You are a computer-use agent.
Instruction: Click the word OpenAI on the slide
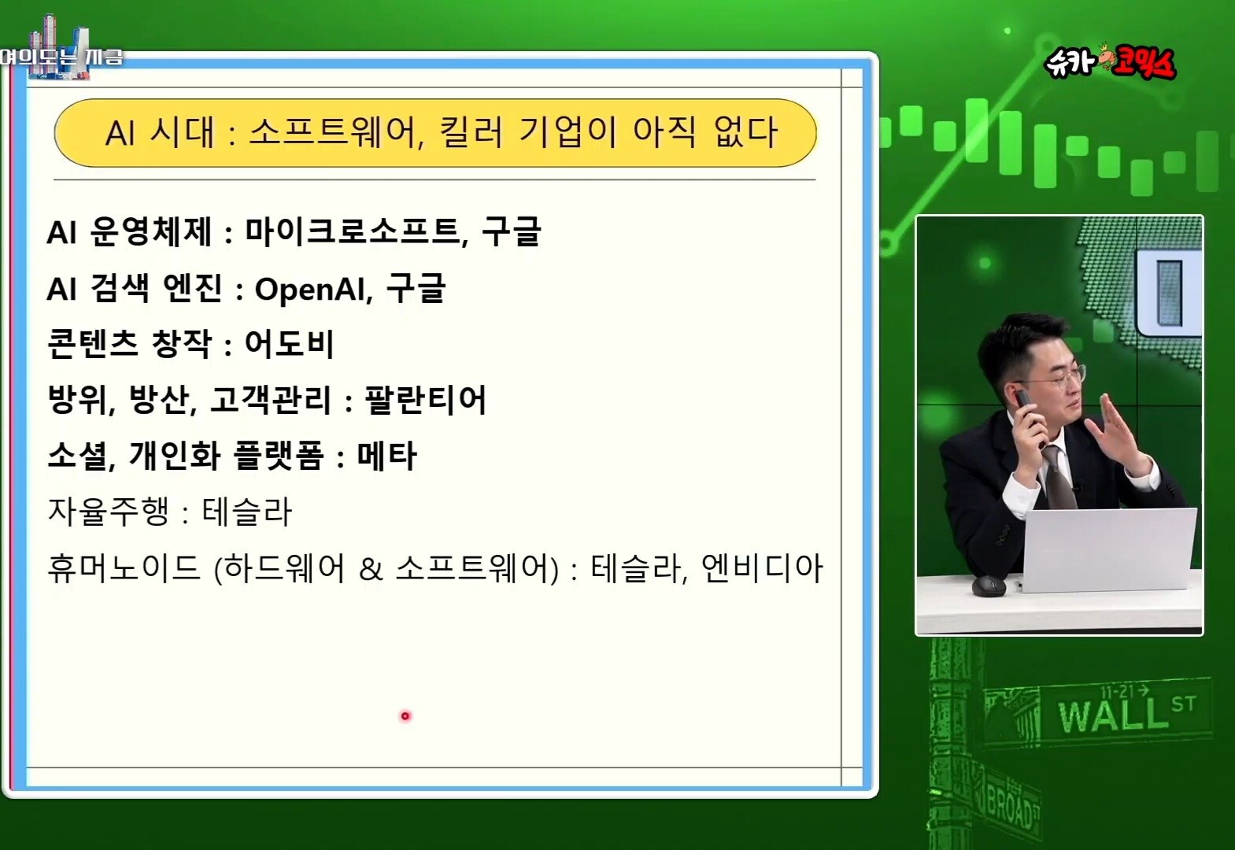(311, 289)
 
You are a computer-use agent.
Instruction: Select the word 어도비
(289, 344)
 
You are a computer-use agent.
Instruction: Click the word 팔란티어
(424, 400)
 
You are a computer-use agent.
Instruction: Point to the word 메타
(387, 456)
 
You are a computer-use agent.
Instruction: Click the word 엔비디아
(762, 567)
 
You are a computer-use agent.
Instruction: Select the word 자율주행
(109, 512)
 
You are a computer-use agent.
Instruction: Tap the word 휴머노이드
(124, 567)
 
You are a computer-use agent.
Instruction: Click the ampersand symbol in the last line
(371, 569)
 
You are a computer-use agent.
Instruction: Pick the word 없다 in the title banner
(745, 132)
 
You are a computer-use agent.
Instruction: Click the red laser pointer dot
(405, 716)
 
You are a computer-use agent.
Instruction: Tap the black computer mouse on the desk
(989, 586)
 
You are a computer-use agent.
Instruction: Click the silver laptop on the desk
(1109, 549)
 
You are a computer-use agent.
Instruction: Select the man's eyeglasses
(1061, 379)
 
